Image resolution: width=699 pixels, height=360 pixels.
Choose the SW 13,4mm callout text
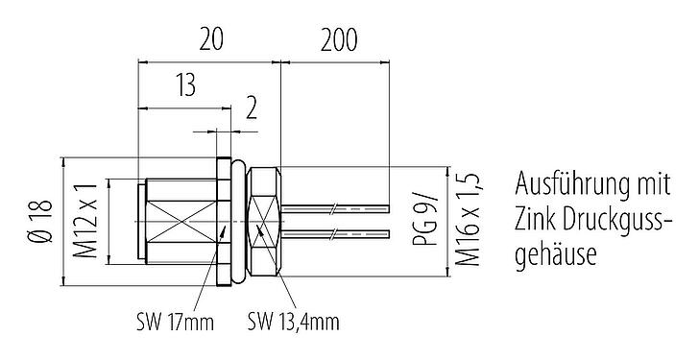(x=293, y=321)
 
